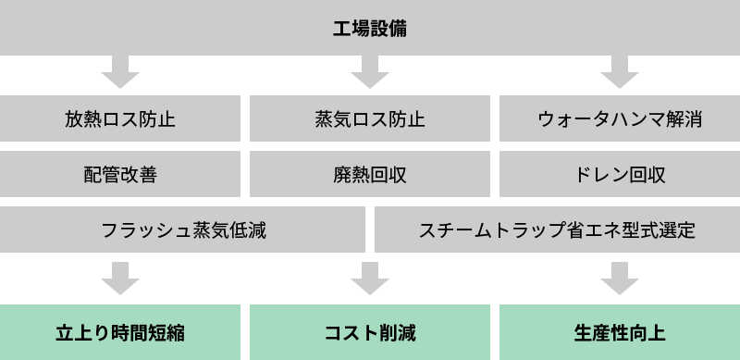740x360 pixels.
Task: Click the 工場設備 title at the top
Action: click(370, 28)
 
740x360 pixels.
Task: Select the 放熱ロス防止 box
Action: click(120, 119)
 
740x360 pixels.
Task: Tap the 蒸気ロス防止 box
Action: click(370, 119)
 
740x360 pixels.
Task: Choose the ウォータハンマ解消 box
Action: click(620, 119)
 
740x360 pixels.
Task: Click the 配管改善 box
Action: click(120, 175)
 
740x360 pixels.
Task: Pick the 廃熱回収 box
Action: click(370, 175)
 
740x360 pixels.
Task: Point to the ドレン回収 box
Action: click(620, 175)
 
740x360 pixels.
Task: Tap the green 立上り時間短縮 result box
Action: click(120, 332)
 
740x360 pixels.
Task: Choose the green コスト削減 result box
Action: click(370, 332)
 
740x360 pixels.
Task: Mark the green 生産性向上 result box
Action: click(620, 332)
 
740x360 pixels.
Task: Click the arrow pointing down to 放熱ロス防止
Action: click(120, 71)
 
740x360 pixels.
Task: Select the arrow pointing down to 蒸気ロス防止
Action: click(370, 71)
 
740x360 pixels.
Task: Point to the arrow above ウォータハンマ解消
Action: click(620, 71)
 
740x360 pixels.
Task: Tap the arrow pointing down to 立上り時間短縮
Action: click(120, 277)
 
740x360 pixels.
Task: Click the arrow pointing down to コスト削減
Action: click(370, 277)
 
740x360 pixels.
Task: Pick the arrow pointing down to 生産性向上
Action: click(620, 277)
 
